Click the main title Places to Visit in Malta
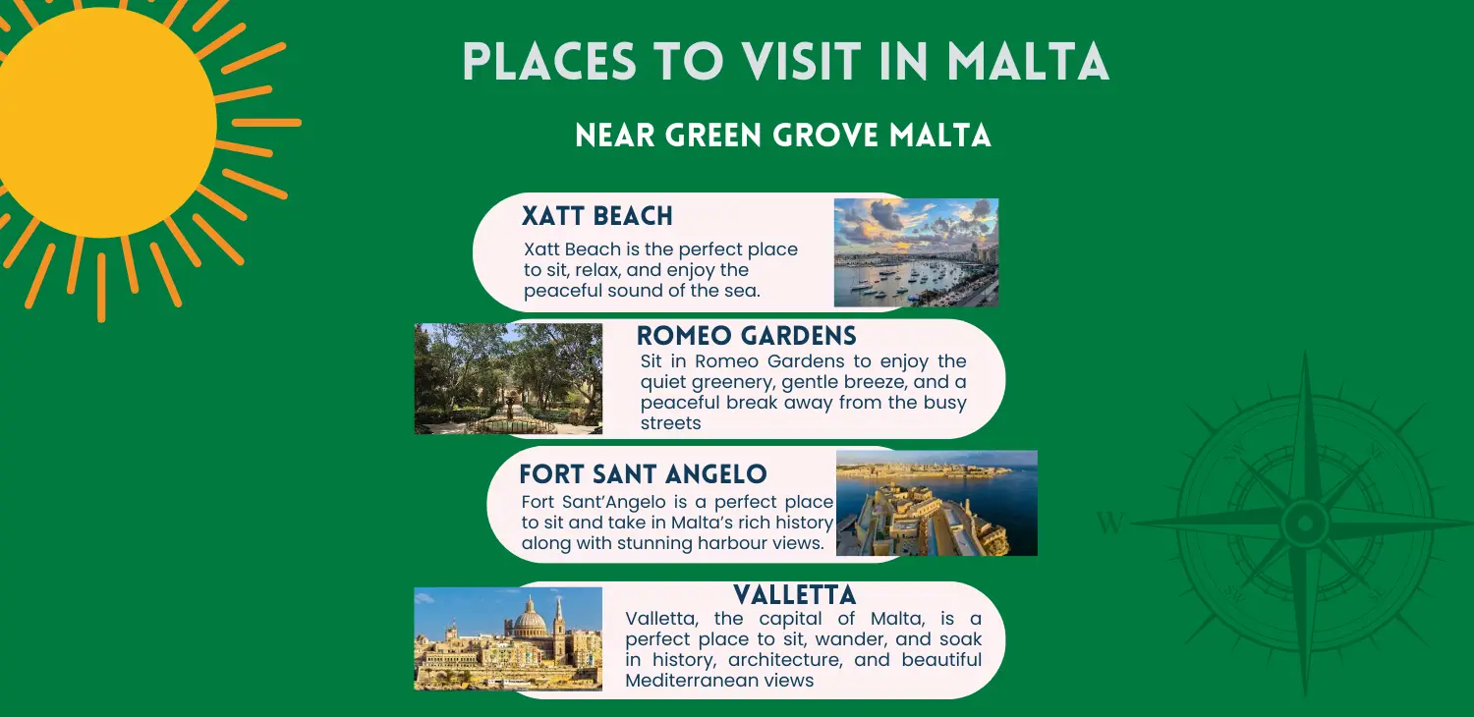pos(785,62)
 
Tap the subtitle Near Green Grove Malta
pos(783,136)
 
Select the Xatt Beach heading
pos(597,216)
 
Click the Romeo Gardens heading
pos(747,336)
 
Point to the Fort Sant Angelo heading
pos(643,474)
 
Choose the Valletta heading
pos(795,594)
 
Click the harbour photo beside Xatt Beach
pos(916,252)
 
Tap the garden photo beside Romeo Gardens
pos(508,378)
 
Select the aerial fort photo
pos(936,503)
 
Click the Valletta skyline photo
pos(508,638)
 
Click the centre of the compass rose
pos(1304,523)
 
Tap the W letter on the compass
pos(1109,524)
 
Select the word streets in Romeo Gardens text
pos(670,423)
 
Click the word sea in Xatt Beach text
pos(743,291)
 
